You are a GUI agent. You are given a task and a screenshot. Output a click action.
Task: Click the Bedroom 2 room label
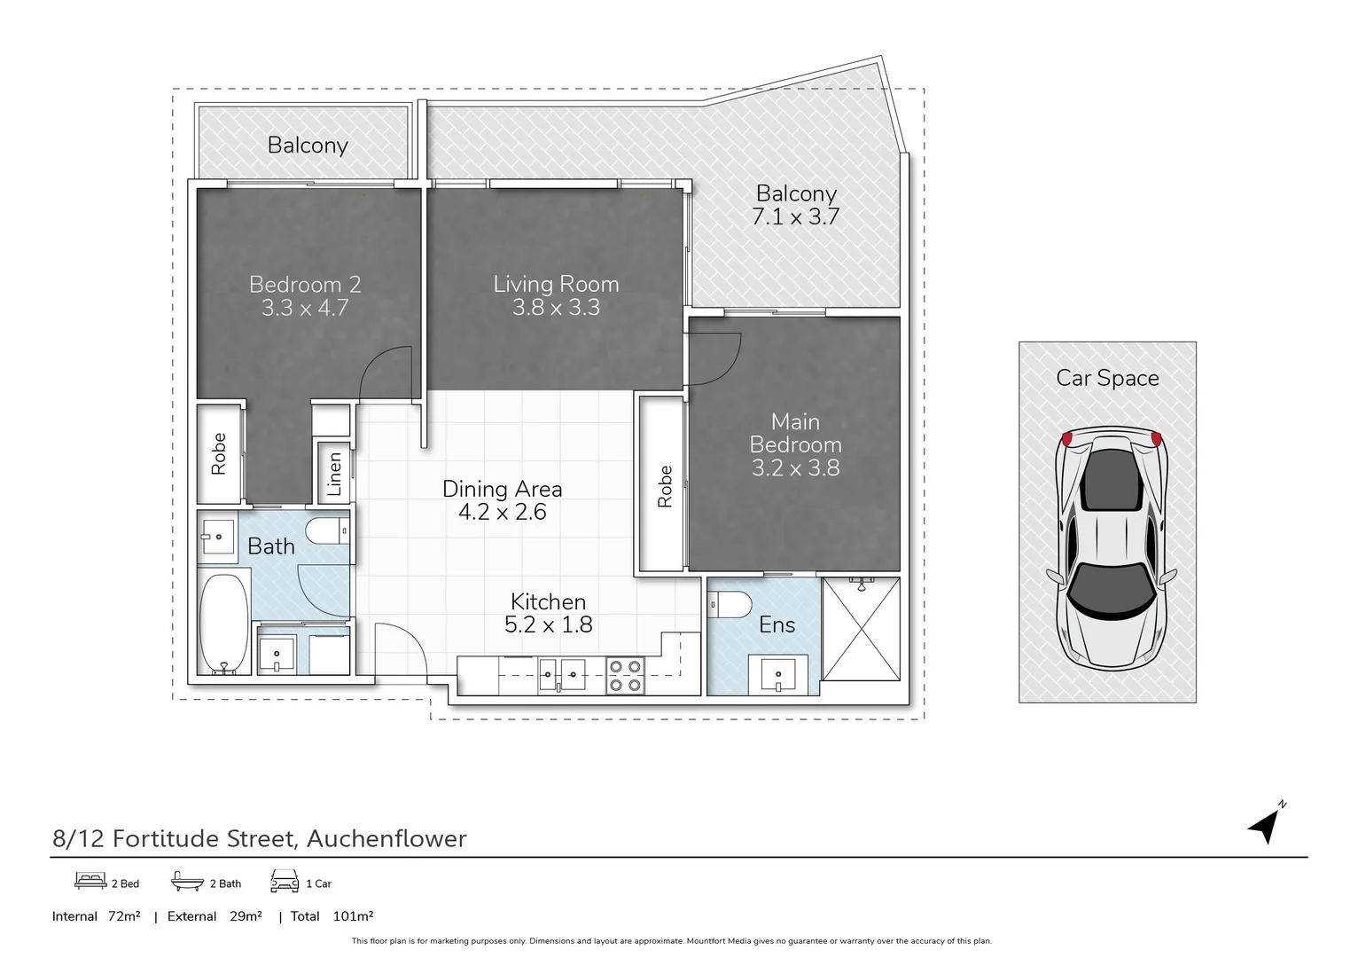coord(305,285)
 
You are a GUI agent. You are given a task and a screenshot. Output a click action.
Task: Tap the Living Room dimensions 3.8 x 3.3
coord(556,308)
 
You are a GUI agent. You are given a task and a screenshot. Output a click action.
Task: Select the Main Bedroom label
coord(795,433)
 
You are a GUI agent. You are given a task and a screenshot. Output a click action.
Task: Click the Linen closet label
coord(334,474)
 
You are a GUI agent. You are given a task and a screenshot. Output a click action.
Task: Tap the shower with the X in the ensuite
coord(861,629)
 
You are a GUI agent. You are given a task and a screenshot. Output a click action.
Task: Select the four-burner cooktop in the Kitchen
coord(625,675)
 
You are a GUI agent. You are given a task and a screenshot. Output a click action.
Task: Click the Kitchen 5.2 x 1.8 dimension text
coord(549,624)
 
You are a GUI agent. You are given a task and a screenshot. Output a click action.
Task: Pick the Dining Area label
coord(502,489)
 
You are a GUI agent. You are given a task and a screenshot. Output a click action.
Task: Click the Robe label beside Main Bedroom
coord(665,486)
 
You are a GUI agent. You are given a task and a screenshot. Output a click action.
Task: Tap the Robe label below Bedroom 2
coord(218,453)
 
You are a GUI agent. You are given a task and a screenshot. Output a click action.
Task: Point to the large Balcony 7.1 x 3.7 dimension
coord(795,216)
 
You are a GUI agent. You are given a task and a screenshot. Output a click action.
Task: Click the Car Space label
coord(1107,378)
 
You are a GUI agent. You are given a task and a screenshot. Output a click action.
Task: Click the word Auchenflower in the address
coord(386,838)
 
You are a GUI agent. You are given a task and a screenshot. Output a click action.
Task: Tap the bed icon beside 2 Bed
coord(90,881)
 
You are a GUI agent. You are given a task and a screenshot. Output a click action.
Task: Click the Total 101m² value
coord(353,916)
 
